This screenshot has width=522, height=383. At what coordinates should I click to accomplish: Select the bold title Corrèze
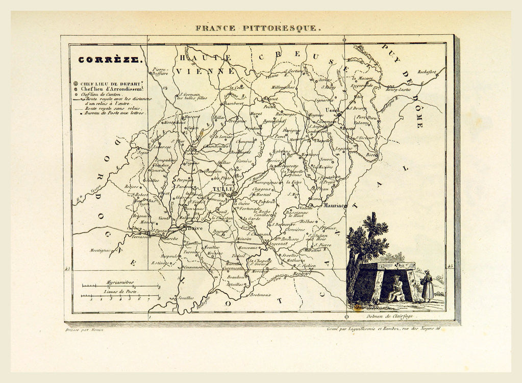click(109, 60)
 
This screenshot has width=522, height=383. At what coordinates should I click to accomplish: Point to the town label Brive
click(192, 229)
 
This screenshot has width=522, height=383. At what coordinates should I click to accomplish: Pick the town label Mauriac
click(335, 205)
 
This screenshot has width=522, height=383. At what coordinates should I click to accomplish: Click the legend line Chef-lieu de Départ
click(112, 83)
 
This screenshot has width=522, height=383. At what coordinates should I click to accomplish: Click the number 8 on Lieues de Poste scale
click(159, 298)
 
